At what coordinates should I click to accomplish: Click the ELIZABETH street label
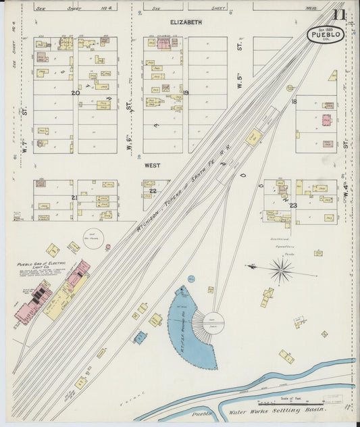pos(186,22)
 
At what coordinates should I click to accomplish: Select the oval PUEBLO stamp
pos(326,34)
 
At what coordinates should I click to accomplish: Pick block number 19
pos(185,93)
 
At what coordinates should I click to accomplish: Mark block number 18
pos(294,101)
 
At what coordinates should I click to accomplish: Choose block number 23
pos(293,205)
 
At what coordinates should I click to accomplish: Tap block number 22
pos(153,191)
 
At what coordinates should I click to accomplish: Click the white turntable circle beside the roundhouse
pos(213,322)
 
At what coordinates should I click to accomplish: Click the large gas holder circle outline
pos(92,236)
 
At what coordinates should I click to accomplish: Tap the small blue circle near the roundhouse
pos(191,279)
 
